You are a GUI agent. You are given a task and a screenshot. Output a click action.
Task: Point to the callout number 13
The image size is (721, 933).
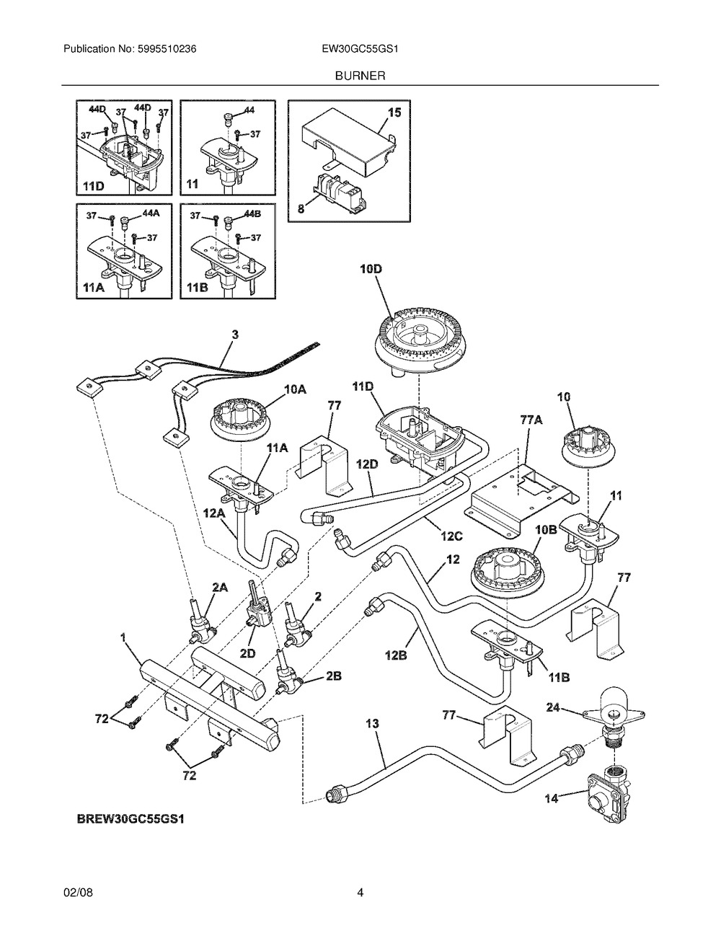click(x=372, y=723)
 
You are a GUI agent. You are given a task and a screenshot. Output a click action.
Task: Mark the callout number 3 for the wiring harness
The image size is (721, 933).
click(x=236, y=334)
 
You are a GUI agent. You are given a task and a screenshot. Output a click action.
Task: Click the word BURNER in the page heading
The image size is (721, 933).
click(x=360, y=74)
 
